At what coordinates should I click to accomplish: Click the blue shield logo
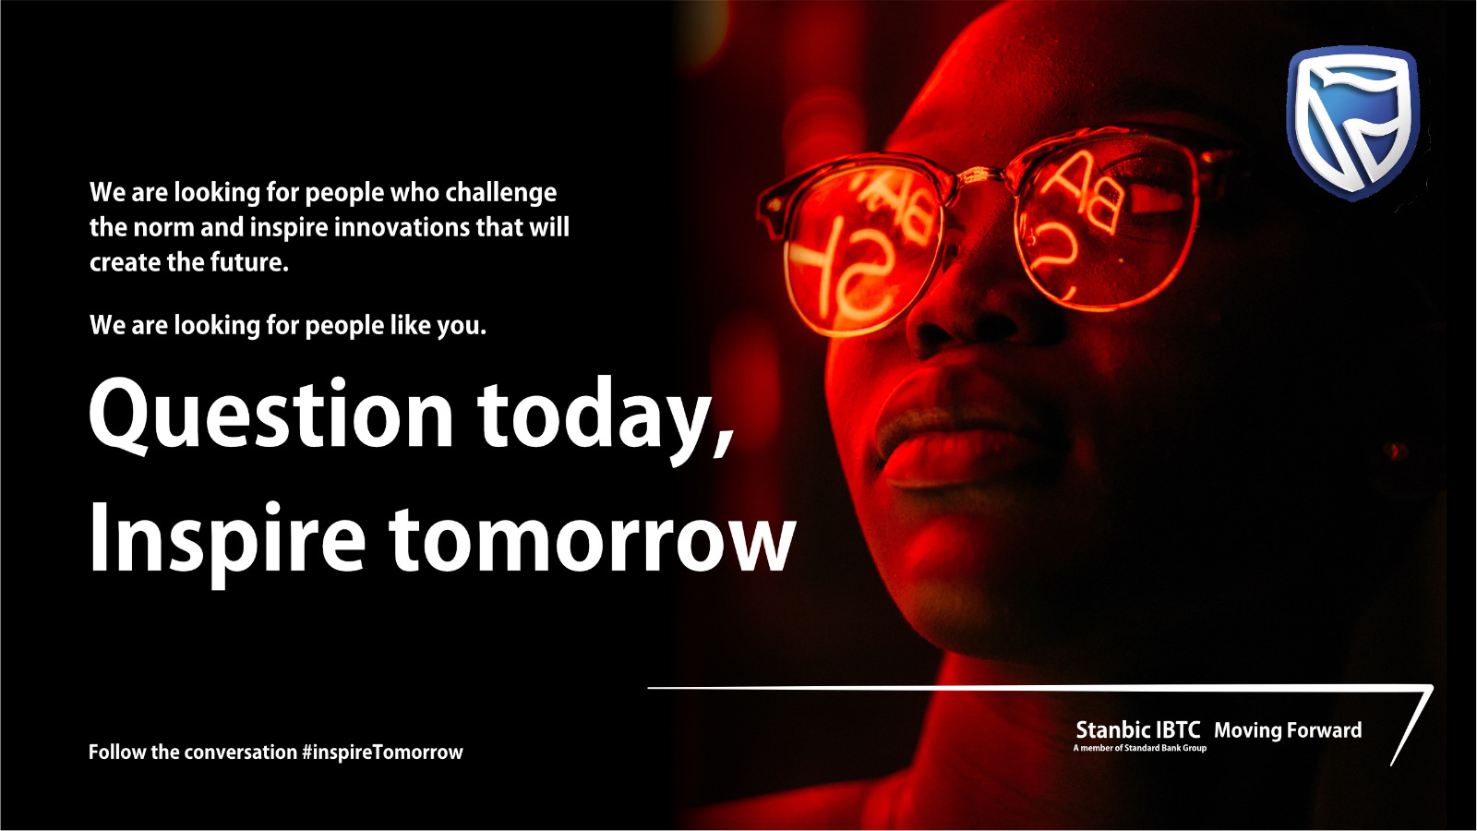tap(1352, 124)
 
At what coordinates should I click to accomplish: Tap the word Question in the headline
tap(271, 415)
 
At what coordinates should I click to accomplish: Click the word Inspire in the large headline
tap(227, 542)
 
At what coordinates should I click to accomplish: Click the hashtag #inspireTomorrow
tap(382, 753)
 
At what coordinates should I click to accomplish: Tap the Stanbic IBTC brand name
tap(1138, 730)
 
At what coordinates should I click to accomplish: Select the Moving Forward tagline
tap(1288, 730)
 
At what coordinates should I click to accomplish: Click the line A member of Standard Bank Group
tap(1139, 748)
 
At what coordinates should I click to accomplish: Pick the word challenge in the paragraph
tap(501, 193)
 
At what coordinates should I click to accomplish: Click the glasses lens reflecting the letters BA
tap(1109, 224)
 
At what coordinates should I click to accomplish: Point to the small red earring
tap(1393, 452)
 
